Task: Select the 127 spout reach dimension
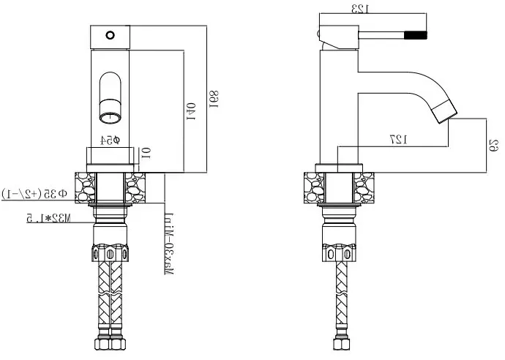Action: pyautogui.click(x=398, y=139)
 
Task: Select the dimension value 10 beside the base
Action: pyautogui.click(x=146, y=154)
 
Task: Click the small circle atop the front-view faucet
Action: pyautogui.click(x=110, y=34)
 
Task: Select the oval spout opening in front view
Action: pyautogui.click(x=109, y=95)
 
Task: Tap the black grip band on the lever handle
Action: pyautogui.click(x=416, y=34)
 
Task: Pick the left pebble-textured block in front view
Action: pyautogui.click(x=85, y=188)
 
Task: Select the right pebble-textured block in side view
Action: pyautogui.click(x=364, y=188)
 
